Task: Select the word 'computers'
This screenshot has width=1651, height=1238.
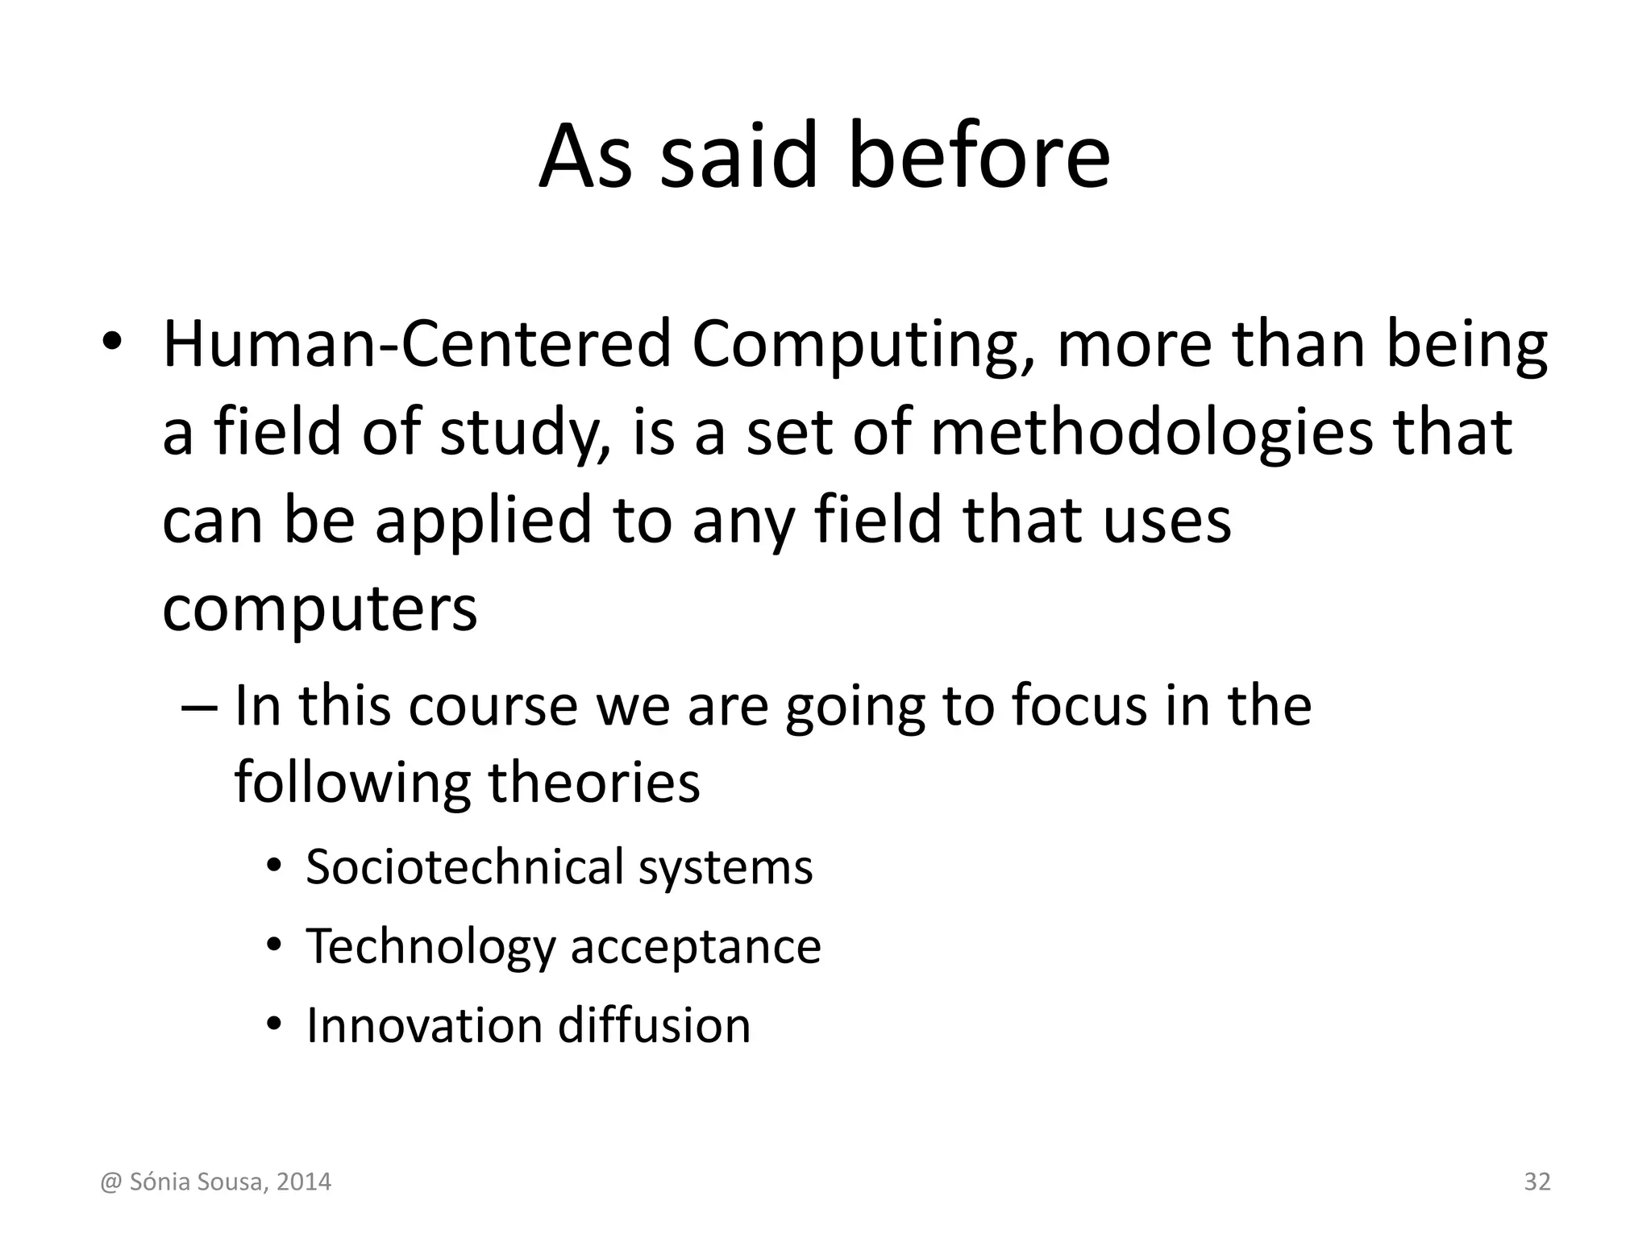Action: [320, 610]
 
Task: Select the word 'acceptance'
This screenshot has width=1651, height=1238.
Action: [696, 946]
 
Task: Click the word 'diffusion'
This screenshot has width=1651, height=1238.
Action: [654, 1025]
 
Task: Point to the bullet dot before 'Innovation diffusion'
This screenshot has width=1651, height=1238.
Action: [274, 1024]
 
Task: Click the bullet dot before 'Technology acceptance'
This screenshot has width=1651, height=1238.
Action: [274, 945]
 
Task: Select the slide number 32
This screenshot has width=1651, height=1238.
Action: [1537, 1182]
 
